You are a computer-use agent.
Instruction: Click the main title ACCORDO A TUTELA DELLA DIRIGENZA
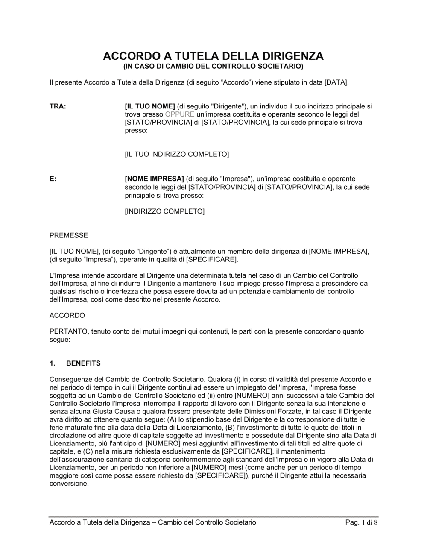[213, 56]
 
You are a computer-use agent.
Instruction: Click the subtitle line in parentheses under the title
[213, 66]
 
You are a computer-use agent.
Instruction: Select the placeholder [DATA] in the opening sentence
[336, 82]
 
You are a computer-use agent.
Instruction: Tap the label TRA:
[58, 106]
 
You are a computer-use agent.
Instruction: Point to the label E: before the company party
[53, 179]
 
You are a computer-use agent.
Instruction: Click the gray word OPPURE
[179, 114]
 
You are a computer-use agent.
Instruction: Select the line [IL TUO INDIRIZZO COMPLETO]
[177, 154]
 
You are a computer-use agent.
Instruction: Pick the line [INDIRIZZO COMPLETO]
[164, 211]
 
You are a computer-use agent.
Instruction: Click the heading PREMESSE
[69, 235]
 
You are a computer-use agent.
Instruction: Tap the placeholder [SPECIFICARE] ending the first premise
[212, 259]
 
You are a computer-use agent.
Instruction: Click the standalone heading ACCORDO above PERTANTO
[67, 315]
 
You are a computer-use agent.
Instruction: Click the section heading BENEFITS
[83, 363]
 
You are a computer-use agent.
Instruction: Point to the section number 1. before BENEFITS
[53, 363]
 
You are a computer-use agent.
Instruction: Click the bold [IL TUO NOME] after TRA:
[150, 106]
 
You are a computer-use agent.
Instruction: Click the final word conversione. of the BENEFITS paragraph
[69, 484]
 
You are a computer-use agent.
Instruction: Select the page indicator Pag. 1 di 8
[361, 522]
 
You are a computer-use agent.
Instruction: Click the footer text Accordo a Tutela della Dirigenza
[99, 522]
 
